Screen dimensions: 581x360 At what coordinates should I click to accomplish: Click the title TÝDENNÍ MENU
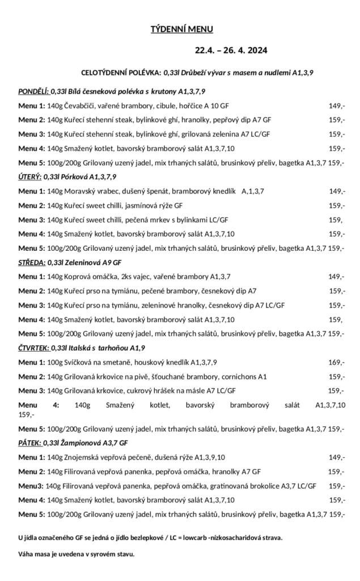181,29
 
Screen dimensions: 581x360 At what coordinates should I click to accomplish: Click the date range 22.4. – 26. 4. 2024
231,50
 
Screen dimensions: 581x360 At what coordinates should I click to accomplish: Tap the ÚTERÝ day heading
30,177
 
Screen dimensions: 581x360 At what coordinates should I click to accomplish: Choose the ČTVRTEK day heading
33,348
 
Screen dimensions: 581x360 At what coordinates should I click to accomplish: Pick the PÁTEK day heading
29,443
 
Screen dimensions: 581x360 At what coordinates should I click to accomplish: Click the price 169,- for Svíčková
336,362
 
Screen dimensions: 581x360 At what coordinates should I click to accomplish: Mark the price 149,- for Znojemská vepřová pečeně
337,457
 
